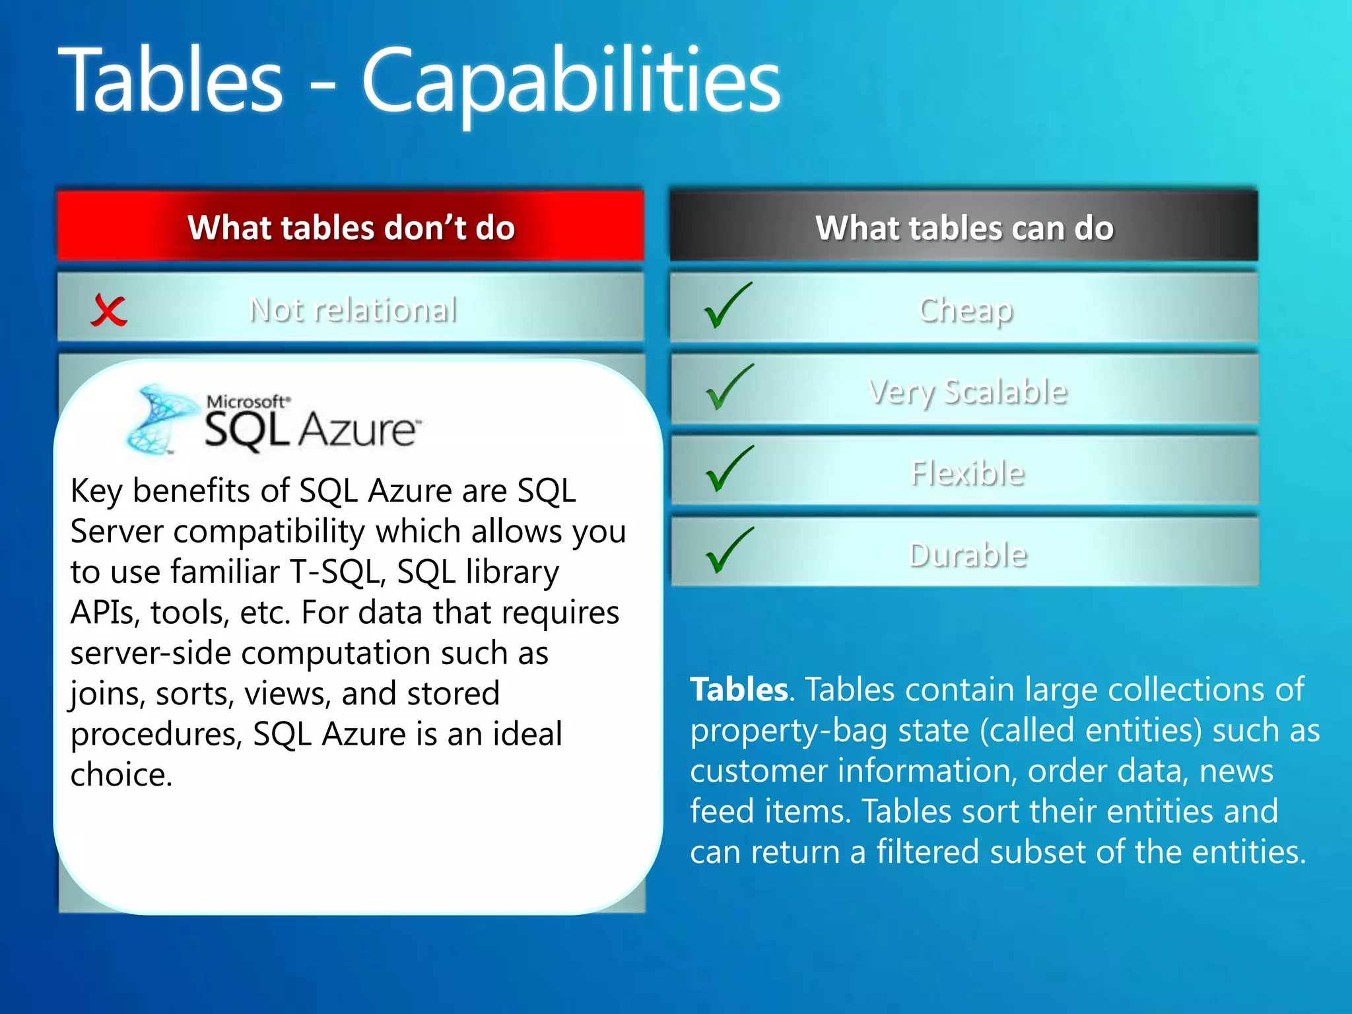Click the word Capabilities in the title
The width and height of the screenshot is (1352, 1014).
coord(571,83)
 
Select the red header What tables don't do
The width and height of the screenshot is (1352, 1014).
coord(351,227)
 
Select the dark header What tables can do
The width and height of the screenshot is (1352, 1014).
coord(964,227)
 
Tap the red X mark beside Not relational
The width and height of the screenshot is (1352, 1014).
coord(108,310)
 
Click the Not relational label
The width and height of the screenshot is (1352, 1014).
coord(353,310)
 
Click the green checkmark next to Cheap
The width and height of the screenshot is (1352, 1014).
coord(727,306)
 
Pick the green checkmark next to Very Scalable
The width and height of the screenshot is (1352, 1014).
coord(728,388)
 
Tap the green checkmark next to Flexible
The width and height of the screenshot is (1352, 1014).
coord(728,469)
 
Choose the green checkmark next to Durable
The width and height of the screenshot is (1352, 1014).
coord(728,551)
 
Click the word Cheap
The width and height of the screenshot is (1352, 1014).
coord(965,310)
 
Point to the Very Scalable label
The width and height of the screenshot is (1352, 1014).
coord(967,391)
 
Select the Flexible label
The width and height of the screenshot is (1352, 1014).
coord(967,473)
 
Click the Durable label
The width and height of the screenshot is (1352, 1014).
coord(968,555)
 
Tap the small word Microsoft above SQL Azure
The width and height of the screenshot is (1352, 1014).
coord(248,401)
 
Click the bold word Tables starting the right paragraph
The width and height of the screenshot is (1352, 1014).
coord(739,690)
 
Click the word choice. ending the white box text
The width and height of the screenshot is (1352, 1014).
coord(121,774)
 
